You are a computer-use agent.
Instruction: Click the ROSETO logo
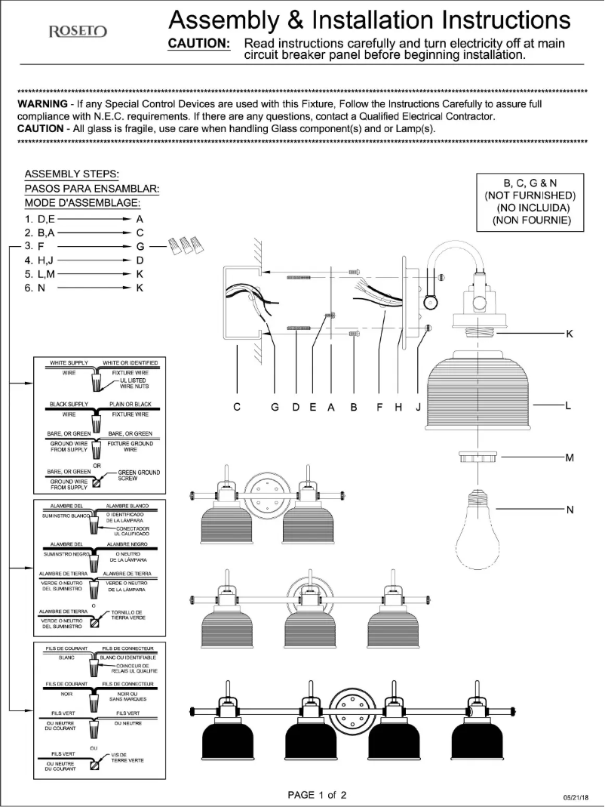[78, 32]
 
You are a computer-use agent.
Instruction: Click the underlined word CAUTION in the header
[198, 44]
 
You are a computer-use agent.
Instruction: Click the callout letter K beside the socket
[570, 334]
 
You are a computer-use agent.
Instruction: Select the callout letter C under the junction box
[237, 407]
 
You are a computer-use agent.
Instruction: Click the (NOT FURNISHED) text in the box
[530, 196]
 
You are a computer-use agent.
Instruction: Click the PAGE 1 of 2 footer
[317, 795]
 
